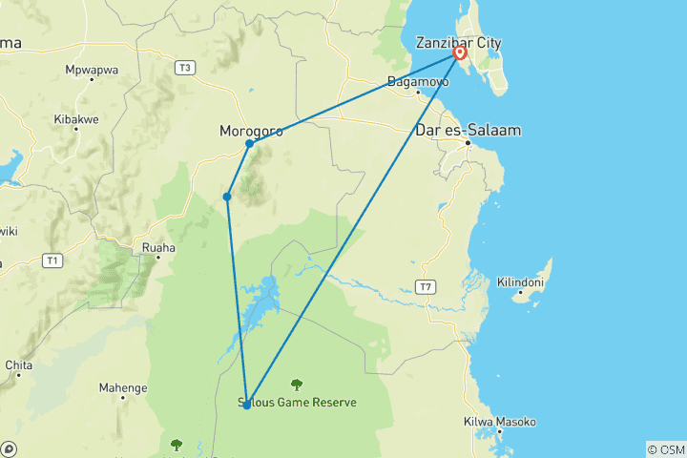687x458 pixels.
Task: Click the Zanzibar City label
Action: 458,43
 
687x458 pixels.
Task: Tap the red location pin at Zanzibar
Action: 460,53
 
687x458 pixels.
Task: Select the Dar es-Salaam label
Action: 468,131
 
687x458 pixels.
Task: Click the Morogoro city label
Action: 251,132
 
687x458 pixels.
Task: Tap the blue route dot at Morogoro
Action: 249,144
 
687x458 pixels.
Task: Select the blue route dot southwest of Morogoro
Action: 227,198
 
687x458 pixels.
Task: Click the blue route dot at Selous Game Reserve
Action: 246,406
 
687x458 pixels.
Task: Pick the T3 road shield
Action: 185,67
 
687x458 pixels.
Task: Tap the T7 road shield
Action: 426,286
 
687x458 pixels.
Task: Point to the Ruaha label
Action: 158,248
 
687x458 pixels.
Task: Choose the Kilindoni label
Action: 522,282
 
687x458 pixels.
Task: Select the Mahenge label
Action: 123,388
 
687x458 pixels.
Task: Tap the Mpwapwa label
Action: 90,70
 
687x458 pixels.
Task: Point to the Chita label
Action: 19,364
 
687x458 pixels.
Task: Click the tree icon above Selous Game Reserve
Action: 297,385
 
